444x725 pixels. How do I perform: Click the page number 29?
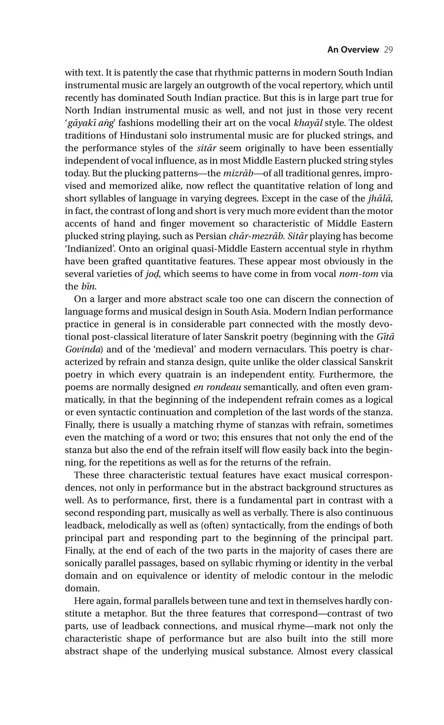click(388, 50)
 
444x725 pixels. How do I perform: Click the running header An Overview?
click(353, 50)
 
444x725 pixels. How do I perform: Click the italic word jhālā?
click(380, 199)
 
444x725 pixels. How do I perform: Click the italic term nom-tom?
click(359, 274)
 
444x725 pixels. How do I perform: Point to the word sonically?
click(86, 563)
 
